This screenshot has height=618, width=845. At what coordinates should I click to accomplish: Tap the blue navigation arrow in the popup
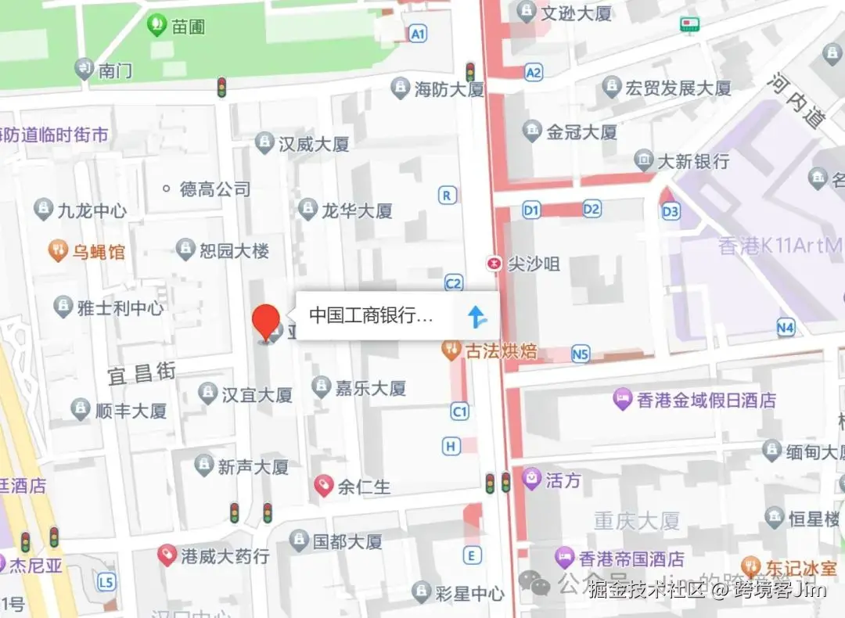[476, 316]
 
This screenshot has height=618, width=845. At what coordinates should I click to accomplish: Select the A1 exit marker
[418, 34]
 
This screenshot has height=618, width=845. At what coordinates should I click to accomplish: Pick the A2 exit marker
[534, 73]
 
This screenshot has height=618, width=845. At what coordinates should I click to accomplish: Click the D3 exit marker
[671, 211]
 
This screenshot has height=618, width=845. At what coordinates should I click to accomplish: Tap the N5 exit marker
[580, 354]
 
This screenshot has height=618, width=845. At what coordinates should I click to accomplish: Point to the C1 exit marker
[459, 411]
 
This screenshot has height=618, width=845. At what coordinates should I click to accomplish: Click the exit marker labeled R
[448, 195]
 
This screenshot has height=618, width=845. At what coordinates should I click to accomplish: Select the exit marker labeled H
[451, 446]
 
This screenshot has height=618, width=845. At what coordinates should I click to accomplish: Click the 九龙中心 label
[92, 210]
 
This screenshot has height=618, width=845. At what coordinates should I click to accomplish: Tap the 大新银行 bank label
[692, 161]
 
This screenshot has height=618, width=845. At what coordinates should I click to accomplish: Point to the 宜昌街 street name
[142, 374]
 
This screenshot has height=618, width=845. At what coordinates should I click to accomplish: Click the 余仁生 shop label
[363, 487]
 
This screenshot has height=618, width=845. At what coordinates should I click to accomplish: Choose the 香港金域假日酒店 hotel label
[706, 401]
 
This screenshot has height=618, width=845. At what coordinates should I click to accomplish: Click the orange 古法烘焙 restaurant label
[500, 350]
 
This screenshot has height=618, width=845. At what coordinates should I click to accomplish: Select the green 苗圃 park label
[188, 26]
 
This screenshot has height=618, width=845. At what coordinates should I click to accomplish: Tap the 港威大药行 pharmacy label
[225, 556]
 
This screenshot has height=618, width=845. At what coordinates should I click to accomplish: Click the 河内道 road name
[797, 102]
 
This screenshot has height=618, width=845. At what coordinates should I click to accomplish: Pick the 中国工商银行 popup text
[370, 315]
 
